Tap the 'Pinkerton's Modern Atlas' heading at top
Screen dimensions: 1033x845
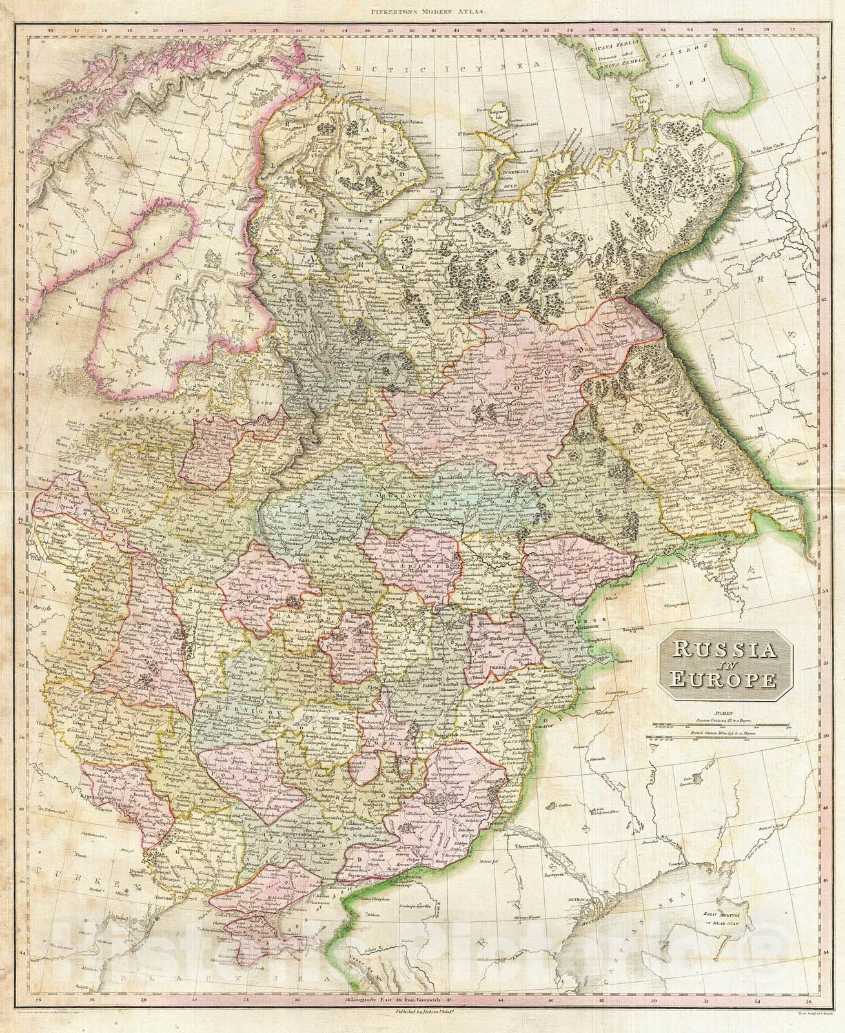[422, 10]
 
